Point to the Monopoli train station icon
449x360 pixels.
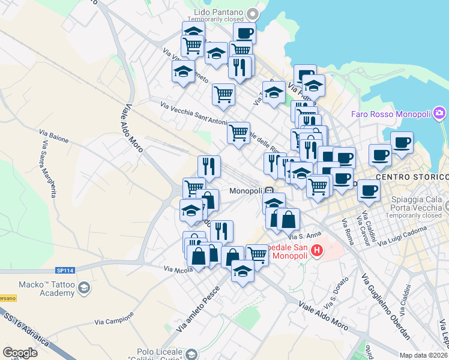pyautogui.click(x=270, y=191)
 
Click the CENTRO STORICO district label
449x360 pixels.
pyautogui.click(x=412, y=177)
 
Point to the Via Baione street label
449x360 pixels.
pyautogui.click(x=54, y=136)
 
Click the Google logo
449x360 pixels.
pyautogui.click(x=20, y=353)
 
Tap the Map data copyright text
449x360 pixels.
pyautogui.click(x=423, y=355)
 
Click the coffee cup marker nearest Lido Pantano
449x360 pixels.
pyautogui.click(x=244, y=34)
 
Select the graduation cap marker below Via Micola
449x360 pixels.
pyautogui.click(x=243, y=272)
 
